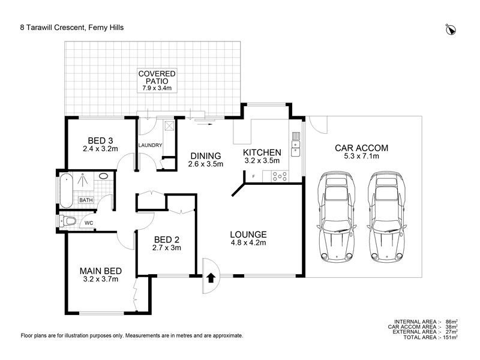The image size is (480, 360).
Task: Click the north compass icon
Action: click(451, 29)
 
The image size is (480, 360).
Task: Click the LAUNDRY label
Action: click(150, 145)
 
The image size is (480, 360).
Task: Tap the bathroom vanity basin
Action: click(103, 177)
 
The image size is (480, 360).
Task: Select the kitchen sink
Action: click(295, 143)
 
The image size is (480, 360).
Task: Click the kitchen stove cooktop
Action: click(280, 176)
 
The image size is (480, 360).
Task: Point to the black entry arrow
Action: click(211, 278)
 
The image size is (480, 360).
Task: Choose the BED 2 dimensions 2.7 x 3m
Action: click(167, 247)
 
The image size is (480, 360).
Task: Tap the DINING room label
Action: click(205, 155)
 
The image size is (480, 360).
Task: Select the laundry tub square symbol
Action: click(169, 126)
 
